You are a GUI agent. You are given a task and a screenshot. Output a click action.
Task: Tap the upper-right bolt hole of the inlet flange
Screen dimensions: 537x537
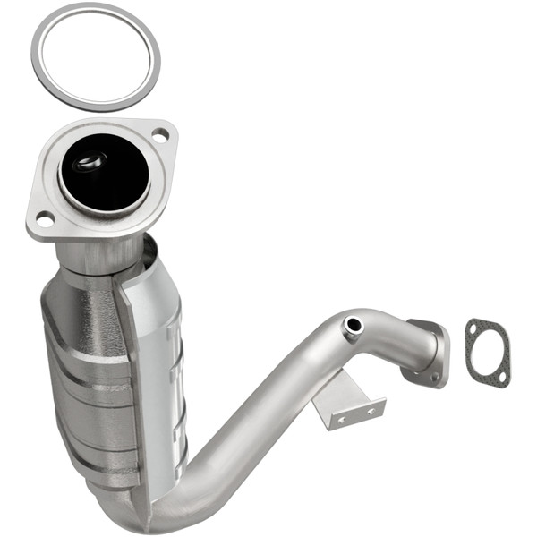(x=160, y=135)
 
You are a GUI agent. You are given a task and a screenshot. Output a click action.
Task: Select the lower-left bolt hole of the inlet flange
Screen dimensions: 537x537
(x=43, y=217)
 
